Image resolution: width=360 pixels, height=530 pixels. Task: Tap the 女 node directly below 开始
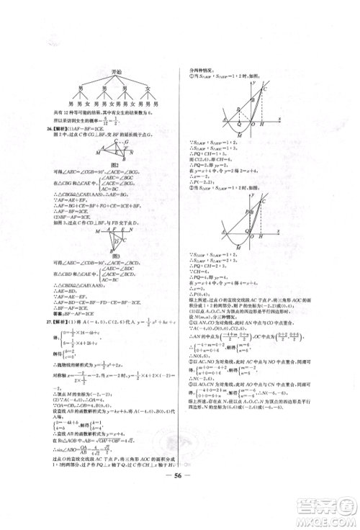149,87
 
